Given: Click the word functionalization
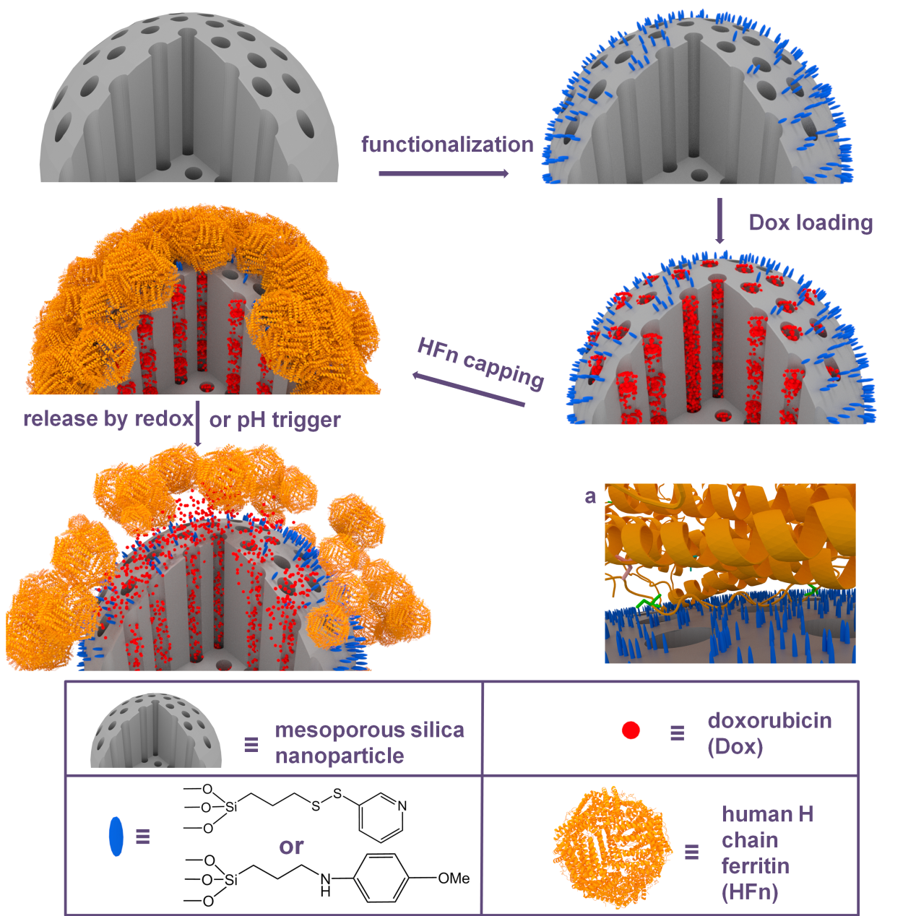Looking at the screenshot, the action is point(447,144).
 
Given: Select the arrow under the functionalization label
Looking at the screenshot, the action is point(444,173).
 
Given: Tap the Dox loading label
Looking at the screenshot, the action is point(811,222).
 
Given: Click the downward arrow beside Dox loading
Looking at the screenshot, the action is point(720,220).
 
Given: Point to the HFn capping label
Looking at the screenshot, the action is point(480,363).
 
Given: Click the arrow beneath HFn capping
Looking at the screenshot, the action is point(469,389).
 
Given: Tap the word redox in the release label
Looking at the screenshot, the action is point(164,419).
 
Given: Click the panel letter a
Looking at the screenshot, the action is point(590,497).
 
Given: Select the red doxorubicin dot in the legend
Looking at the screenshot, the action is point(631,730).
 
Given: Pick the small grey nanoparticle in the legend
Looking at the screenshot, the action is point(156,730).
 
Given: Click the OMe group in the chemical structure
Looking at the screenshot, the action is point(454,878).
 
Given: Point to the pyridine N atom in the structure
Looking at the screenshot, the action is point(402,805).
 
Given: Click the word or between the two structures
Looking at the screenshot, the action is point(291,847).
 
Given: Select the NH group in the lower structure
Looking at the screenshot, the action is point(325,884).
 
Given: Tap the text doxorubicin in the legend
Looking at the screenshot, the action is point(769,720).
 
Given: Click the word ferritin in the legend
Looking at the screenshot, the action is point(756,865).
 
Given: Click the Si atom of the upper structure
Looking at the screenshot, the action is point(230,807).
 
